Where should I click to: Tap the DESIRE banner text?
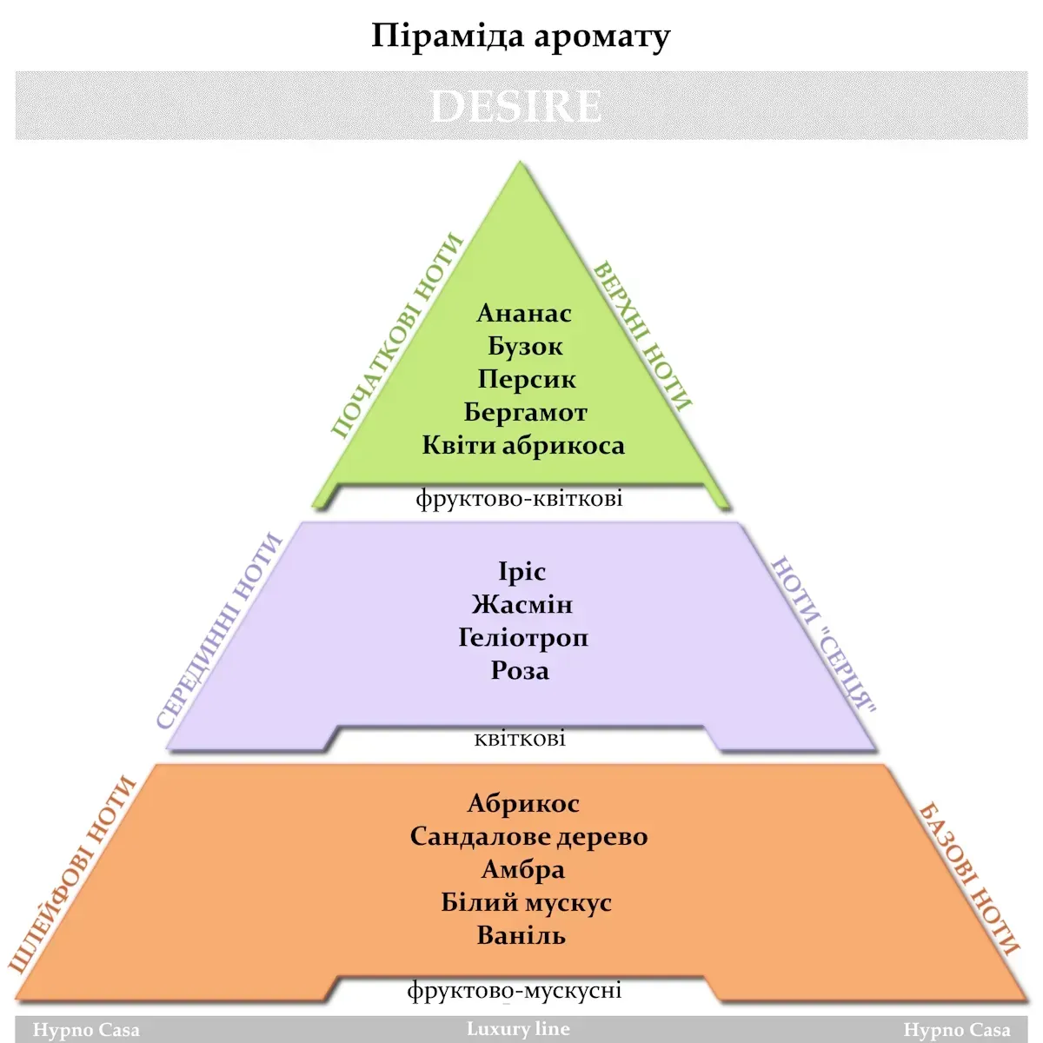[x=515, y=106]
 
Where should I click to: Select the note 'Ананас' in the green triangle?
[x=524, y=313]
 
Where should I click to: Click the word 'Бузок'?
[x=525, y=347]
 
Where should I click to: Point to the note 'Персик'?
[x=526, y=380]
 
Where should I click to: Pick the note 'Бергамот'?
[x=526, y=413]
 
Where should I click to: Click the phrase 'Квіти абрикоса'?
[x=523, y=446]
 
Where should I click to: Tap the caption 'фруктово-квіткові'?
[x=519, y=498]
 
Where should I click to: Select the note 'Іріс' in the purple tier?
[x=521, y=572]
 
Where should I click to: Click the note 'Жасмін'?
[x=521, y=604]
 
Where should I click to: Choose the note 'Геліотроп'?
[x=523, y=638]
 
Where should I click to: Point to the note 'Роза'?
[x=520, y=671]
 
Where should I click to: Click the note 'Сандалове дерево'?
[x=528, y=837]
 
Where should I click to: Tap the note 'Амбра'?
[x=523, y=870]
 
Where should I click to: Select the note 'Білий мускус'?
[x=526, y=903]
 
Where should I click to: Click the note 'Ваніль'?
[x=521, y=936]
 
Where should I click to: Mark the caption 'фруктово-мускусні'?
[x=515, y=990]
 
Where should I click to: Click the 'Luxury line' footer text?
[x=518, y=1028]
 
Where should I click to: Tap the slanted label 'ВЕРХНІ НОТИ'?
[x=642, y=336]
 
